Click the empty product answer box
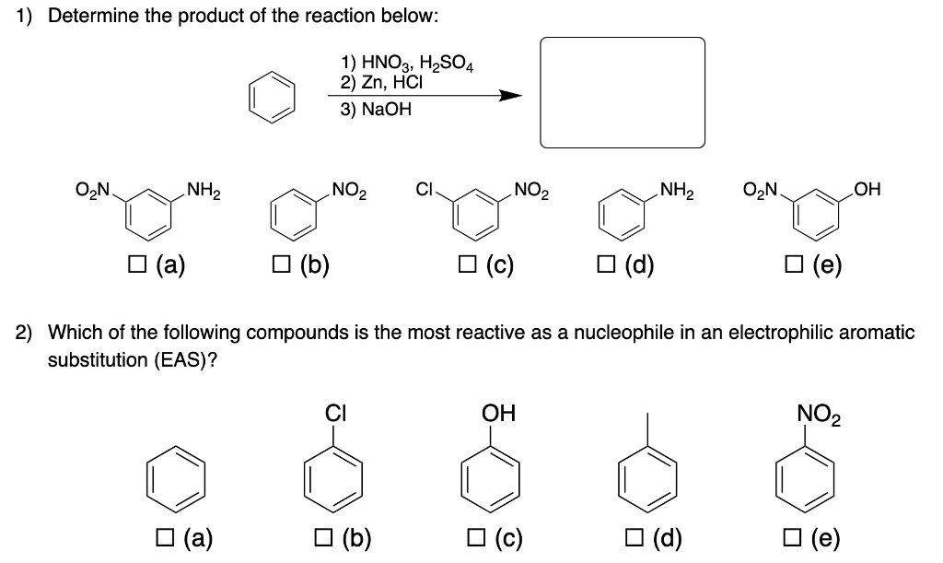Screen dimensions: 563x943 [x=622, y=92]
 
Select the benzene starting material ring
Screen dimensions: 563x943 [x=272, y=95]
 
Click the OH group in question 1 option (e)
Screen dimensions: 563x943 [x=868, y=192]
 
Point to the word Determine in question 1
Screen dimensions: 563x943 [x=87, y=17]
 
